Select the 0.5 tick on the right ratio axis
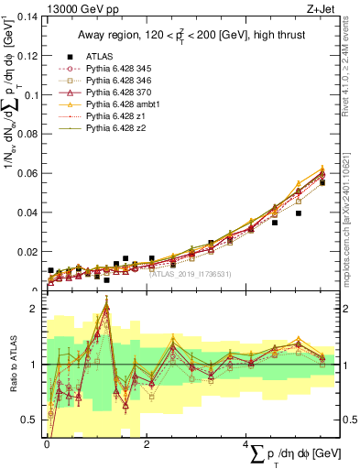[348, 420]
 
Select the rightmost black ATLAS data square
[322, 183]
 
